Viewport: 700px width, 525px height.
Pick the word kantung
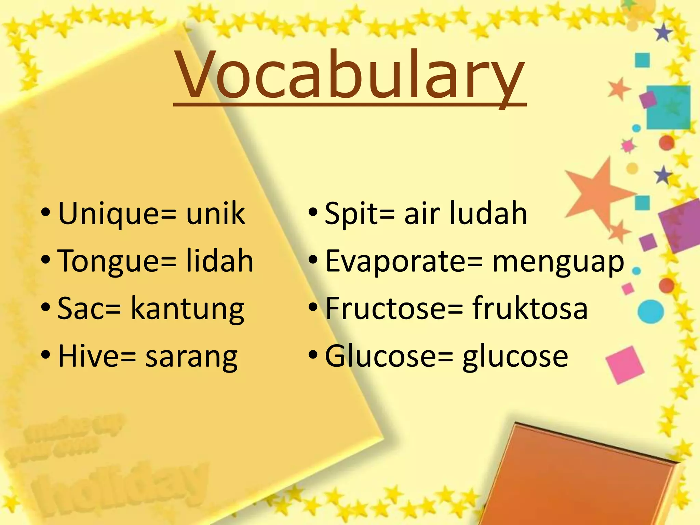point(187,309)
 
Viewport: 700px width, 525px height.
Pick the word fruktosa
point(530,308)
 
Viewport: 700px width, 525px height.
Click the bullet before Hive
point(45,355)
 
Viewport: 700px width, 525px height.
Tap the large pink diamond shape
point(625,364)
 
